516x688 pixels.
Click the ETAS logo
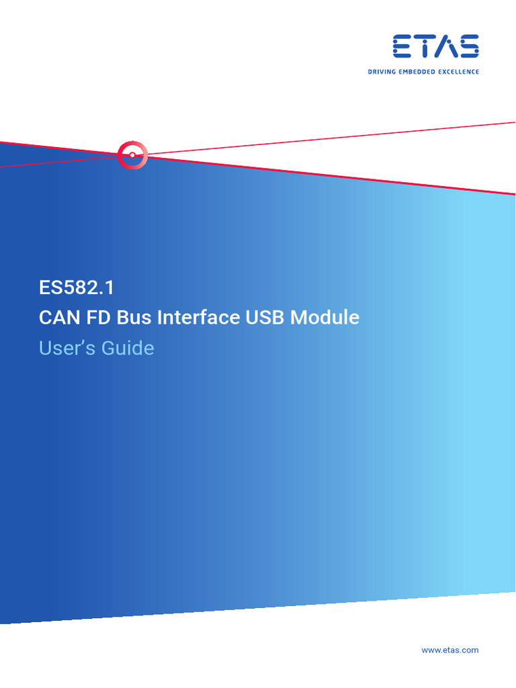coord(436,47)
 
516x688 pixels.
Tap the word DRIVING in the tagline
coord(382,71)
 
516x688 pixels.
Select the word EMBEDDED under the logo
coord(420,71)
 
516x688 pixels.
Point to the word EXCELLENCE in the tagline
coord(460,71)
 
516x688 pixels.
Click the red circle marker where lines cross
coord(132,155)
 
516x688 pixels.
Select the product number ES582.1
coord(77,288)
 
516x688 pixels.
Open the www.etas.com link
coord(449,650)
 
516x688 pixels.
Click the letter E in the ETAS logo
coord(403,47)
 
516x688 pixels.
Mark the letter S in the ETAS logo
coord(468,47)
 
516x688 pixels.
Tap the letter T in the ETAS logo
coord(425,47)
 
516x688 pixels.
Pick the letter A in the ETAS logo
coord(447,47)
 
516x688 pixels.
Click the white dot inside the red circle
coord(132,155)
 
